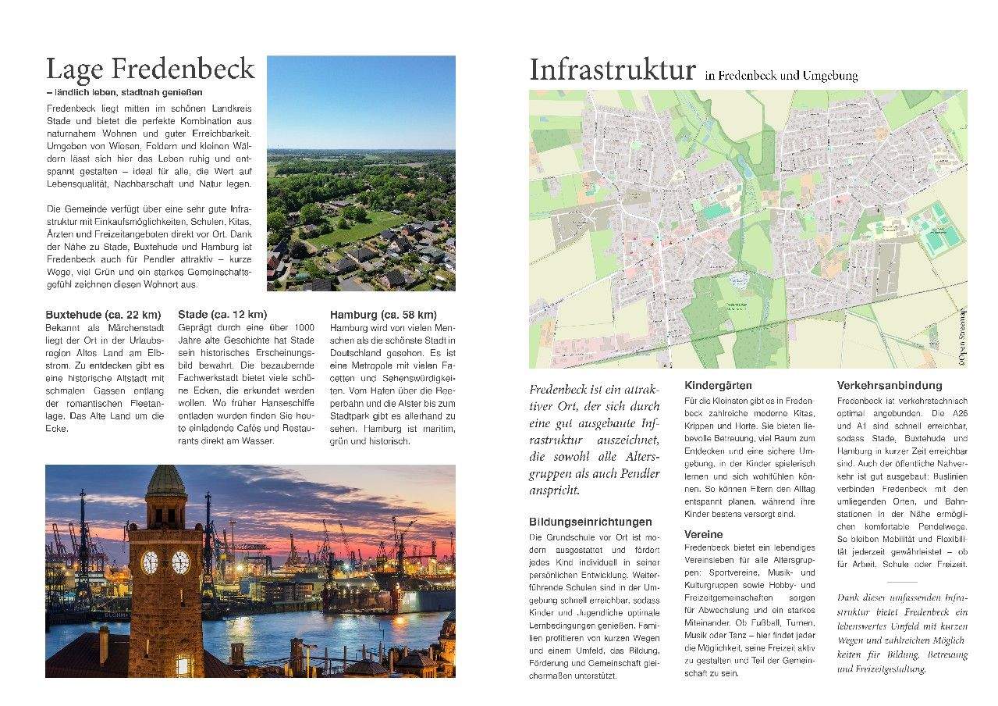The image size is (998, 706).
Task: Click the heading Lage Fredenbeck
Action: (150, 70)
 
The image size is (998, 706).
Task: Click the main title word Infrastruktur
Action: (612, 70)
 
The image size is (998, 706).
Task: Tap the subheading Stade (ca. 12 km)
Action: (222, 315)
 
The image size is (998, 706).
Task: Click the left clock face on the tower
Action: (149, 562)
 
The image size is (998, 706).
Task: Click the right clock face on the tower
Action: (180, 562)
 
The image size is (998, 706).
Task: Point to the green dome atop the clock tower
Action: (165, 480)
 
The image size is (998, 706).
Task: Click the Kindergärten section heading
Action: (718, 386)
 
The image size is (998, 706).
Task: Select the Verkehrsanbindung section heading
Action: (890, 386)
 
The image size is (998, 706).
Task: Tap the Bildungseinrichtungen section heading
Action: (591, 522)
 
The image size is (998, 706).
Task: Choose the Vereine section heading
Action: (704, 535)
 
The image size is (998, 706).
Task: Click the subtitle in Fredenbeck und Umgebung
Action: (780, 77)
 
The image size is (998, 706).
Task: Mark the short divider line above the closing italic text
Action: (902, 582)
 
